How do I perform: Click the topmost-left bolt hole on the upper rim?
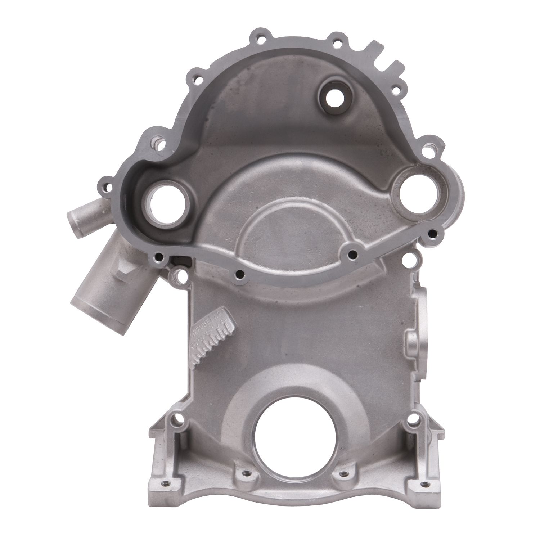pyautogui.click(x=257, y=37)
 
